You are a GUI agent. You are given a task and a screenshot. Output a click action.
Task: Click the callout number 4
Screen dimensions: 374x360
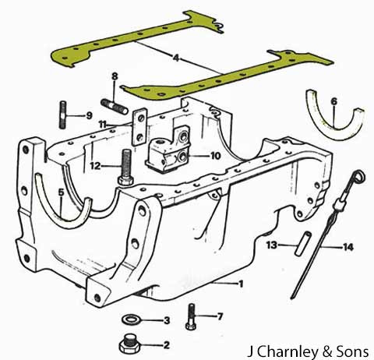click(176, 58)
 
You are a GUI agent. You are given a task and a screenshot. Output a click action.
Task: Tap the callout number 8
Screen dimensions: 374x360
click(115, 76)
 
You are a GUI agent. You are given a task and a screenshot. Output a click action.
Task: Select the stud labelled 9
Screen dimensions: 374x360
click(63, 115)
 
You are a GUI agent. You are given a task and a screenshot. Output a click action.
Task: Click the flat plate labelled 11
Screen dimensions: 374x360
click(140, 126)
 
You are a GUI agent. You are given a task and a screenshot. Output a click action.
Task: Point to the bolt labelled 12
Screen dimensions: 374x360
click(125, 168)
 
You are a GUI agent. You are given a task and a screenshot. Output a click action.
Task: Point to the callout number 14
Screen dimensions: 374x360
click(348, 247)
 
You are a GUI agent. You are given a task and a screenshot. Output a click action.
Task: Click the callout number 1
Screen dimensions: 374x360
click(241, 284)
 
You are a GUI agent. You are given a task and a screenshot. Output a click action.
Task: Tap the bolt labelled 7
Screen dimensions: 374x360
click(191, 317)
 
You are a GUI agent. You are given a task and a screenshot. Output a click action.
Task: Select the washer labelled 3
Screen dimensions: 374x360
click(130, 319)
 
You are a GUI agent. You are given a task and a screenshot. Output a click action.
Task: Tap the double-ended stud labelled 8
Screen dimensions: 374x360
click(115, 107)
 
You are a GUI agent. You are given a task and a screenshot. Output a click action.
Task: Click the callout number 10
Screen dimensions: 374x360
click(215, 156)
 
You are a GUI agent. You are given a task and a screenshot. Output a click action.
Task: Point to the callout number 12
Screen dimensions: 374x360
click(95, 166)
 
